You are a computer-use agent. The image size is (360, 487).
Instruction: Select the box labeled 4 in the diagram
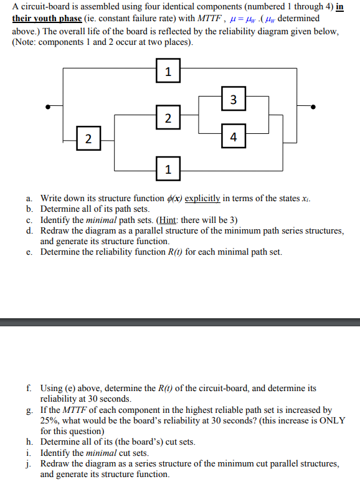click(x=232, y=136)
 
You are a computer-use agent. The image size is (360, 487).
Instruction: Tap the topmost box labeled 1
click(x=167, y=72)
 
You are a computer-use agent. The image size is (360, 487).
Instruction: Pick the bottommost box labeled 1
click(x=167, y=169)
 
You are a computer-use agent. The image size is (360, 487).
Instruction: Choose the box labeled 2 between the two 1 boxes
click(x=167, y=117)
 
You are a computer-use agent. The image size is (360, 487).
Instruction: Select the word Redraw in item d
click(x=54, y=230)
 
